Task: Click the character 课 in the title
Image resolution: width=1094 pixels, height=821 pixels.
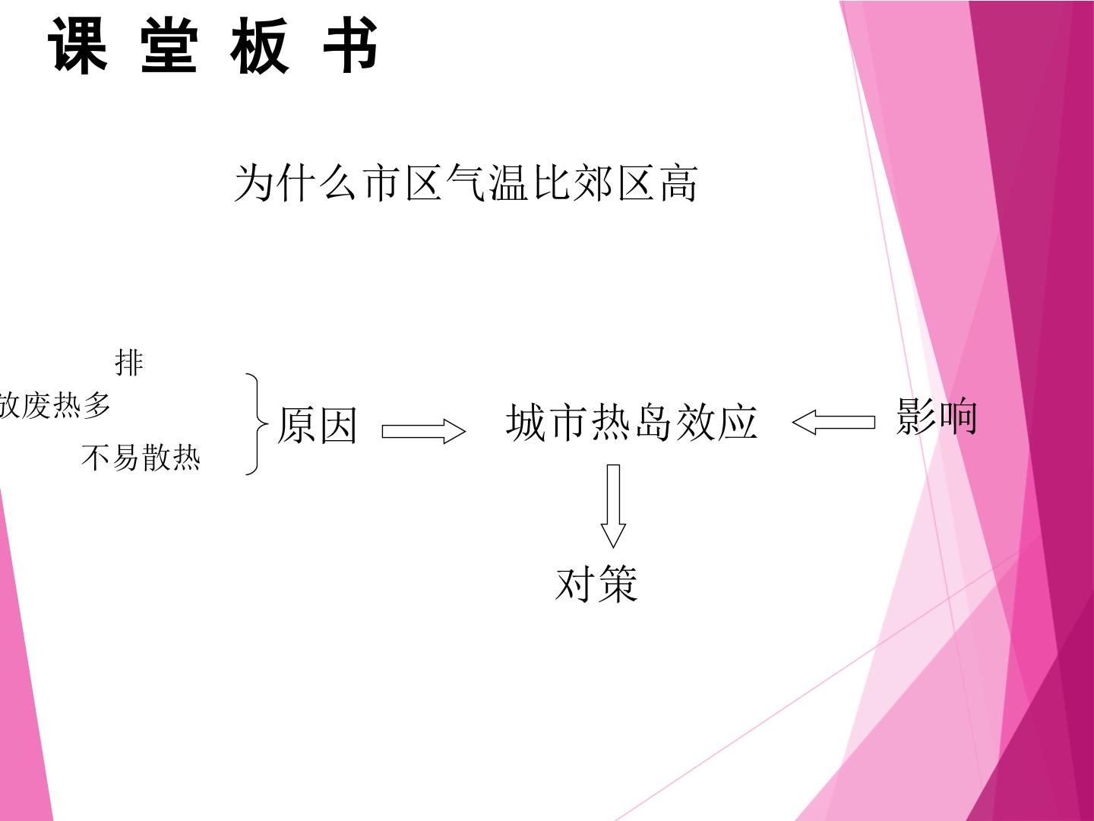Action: click(x=77, y=45)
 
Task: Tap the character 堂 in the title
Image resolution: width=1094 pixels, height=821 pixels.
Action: click(x=169, y=45)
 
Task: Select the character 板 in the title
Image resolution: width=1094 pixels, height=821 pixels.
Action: click(x=260, y=45)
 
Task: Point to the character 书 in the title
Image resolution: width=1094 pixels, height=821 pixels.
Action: click(x=351, y=45)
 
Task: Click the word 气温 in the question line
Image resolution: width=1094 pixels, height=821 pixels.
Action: click(x=487, y=183)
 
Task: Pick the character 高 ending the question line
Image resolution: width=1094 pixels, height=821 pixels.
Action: click(x=679, y=183)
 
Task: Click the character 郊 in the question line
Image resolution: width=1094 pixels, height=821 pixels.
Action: click(x=593, y=183)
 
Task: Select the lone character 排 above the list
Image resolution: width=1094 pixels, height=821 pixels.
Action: click(x=129, y=363)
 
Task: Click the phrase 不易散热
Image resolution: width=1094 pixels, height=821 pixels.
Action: click(x=141, y=458)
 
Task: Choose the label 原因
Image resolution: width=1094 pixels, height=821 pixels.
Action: click(x=317, y=425)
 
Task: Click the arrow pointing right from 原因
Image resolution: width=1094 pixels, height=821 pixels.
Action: click(x=424, y=431)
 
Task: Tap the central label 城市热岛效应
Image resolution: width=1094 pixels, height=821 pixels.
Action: click(x=631, y=423)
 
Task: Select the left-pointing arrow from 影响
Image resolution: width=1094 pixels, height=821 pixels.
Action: click(x=833, y=422)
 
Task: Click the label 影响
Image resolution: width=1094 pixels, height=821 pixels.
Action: click(x=936, y=417)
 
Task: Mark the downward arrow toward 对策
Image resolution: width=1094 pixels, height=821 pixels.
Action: click(x=614, y=506)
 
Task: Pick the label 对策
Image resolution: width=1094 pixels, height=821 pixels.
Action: click(x=596, y=584)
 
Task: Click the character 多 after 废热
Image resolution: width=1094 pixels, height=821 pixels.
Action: click(x=97, y=405)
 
